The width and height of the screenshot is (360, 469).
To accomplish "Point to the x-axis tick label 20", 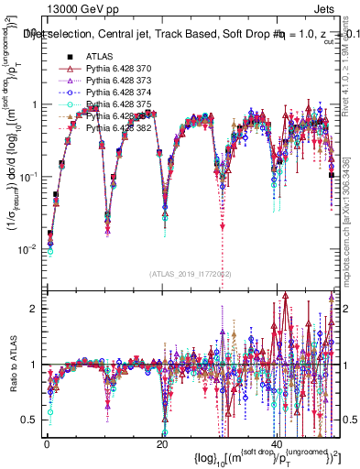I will tap(162, 444).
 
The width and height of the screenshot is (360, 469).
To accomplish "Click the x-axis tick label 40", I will tap(278, 444).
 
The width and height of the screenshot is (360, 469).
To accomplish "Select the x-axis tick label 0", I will tap(46, 444).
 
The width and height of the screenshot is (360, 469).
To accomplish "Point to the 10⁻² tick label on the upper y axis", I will tap(29, 248).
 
